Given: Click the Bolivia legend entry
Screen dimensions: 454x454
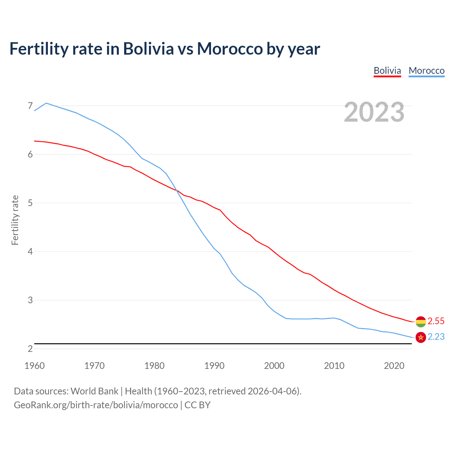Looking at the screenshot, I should pos(387,71).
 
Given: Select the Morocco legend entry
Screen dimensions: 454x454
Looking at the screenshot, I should pos(426,71).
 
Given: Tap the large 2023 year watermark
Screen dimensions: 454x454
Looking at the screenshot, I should pos(374,112).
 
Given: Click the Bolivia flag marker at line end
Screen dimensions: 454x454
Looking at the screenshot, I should pos(421,321).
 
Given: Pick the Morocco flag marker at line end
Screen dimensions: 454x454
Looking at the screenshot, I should pos(421,337).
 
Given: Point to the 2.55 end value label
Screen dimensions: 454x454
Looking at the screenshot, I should pos(436,321).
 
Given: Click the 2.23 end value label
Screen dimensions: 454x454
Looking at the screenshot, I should pos(436,337).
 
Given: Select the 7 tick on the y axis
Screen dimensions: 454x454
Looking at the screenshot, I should pos(30,106).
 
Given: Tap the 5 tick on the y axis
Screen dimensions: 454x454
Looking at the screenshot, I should pos(30,203).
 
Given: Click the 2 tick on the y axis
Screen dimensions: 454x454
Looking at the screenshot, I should pos(30,349).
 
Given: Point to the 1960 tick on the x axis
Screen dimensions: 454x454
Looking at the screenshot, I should pos(34,366).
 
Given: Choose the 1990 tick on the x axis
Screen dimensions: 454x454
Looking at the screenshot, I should pos(214,366).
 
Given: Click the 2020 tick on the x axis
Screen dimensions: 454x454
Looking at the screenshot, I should pos(394,366).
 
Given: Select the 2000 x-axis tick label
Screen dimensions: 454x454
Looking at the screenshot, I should pos(274,366).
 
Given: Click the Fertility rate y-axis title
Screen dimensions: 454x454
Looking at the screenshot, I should pos(15,220).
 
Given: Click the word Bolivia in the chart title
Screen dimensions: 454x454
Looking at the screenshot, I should pos(148,49).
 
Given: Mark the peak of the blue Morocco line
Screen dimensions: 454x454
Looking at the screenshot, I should pos(46,103).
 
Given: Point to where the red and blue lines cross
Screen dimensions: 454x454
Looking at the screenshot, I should pos(177,190).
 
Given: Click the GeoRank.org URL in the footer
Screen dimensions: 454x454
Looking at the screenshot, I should pos(96,405).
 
